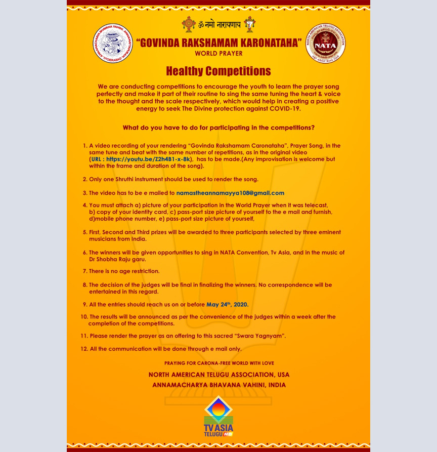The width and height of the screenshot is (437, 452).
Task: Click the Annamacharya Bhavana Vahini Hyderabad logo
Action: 111,44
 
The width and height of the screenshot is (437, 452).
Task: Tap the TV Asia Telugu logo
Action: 219,418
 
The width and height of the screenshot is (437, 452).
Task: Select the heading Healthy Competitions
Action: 219,71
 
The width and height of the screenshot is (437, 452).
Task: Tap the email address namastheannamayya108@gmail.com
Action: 230,193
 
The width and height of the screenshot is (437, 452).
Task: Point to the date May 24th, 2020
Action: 227,305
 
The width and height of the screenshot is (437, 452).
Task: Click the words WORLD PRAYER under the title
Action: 219,53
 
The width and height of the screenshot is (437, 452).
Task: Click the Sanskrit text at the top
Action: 219,24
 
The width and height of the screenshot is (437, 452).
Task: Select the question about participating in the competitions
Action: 219,127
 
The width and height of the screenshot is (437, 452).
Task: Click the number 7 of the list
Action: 84,271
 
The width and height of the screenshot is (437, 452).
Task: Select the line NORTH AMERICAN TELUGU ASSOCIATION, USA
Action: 219,375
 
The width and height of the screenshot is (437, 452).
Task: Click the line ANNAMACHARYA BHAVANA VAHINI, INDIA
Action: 219,385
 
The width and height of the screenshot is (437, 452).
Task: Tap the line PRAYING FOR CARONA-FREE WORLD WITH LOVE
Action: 219,363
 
